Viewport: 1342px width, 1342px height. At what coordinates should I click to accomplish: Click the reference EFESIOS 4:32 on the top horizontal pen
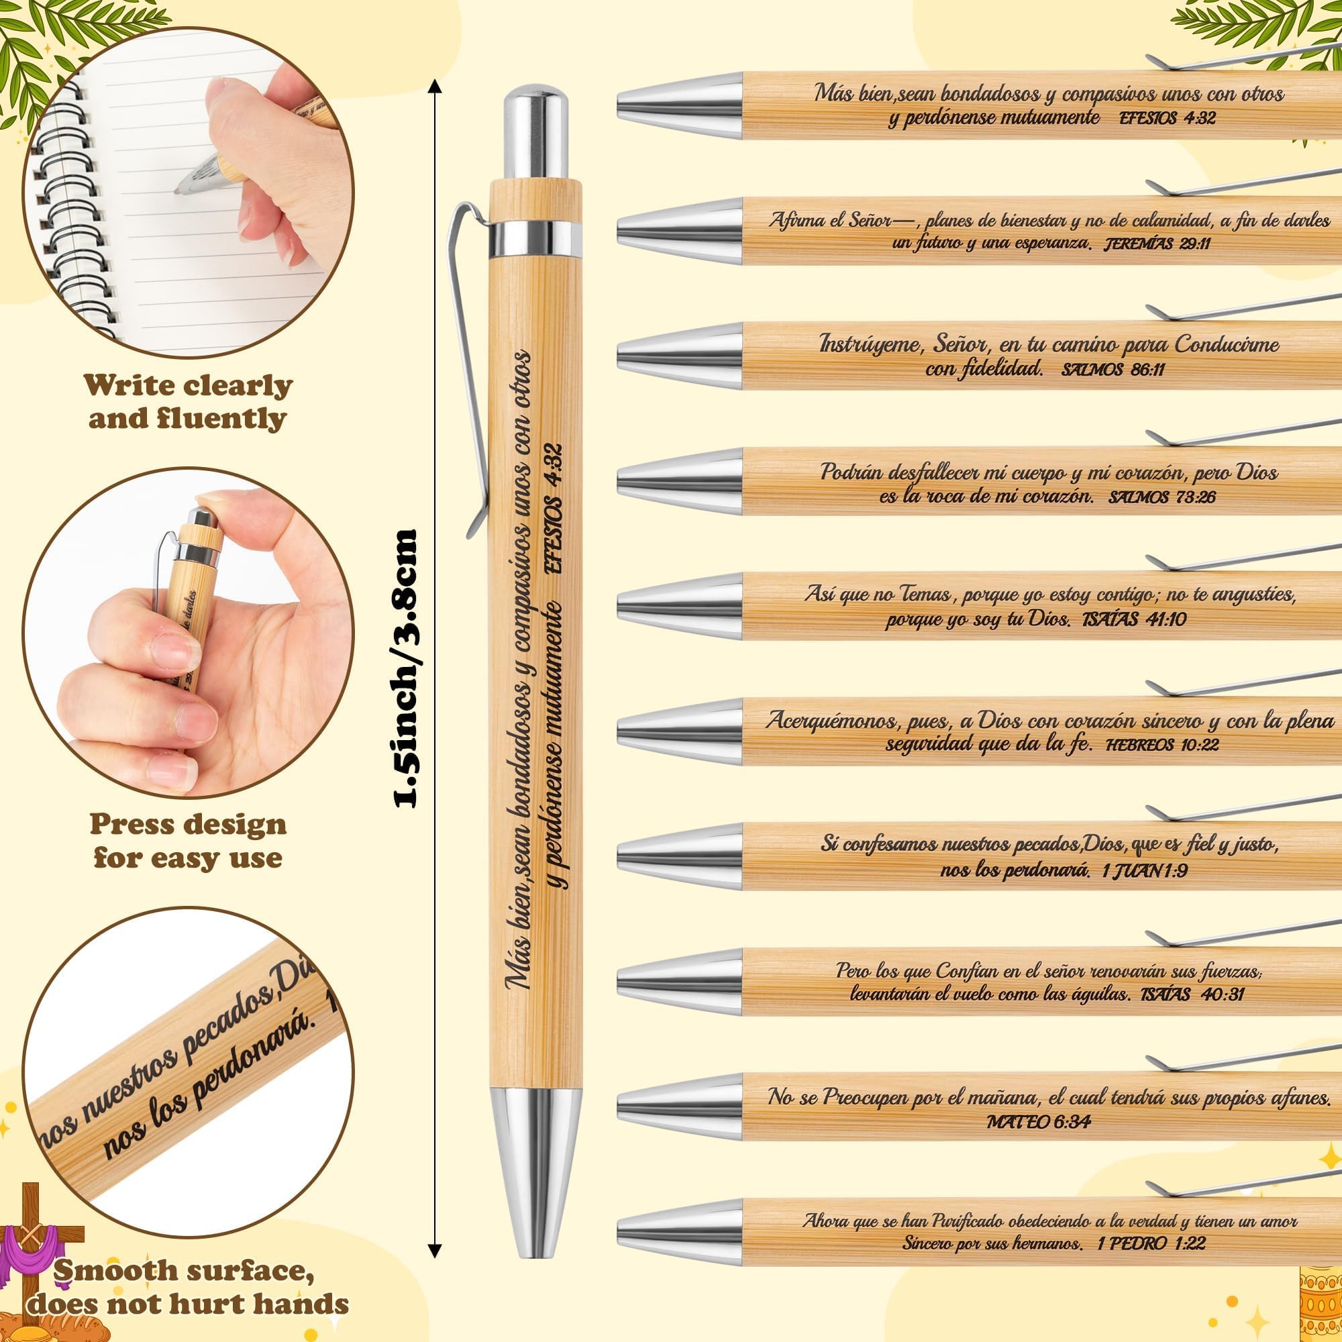(1167, 118)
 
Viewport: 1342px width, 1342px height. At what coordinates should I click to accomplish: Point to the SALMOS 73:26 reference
(1152, 497)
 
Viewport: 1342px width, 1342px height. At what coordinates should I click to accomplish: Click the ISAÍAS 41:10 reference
(1134, 618)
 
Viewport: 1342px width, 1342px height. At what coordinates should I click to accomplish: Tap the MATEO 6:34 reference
(1039, 1121)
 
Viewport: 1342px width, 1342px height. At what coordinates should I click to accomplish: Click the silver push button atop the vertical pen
(533, 133)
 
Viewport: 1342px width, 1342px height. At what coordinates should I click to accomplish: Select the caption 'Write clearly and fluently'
(189, 402)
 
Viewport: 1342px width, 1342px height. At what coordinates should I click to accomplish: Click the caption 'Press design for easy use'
(189, 841)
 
